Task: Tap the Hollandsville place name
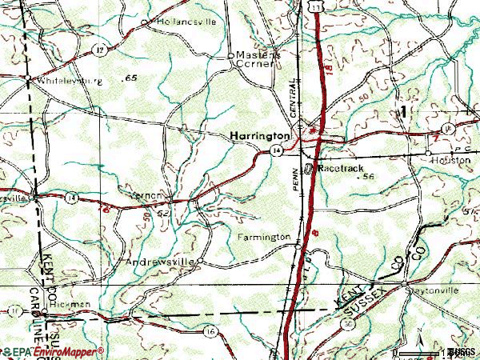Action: click(x=187, y=22)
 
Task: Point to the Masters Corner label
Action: click(x=256, y=59)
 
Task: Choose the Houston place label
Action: click(x=453, y=160)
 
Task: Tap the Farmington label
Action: click(x=263, y=238)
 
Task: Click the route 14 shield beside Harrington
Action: click(x=277, y=150)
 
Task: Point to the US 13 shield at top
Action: click(x=320, y=6)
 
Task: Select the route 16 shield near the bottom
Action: click(x=210, y=330)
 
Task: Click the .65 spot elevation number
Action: click(x=130, y=78)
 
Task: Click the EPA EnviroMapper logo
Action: click(x=52, y=352)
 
